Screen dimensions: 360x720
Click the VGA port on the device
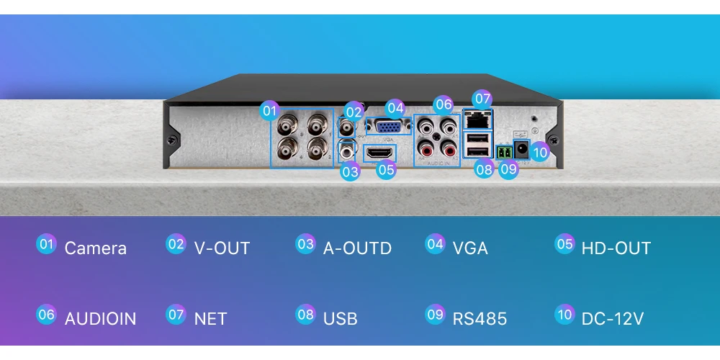point(390,128)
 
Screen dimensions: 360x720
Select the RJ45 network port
point(477,117)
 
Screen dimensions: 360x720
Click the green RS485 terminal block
point(504,152)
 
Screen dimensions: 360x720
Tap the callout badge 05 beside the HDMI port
point(386,170)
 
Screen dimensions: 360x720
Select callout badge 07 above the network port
point(482,98)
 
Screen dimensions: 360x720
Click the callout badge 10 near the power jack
point(540,152)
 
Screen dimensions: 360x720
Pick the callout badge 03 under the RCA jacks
point(350,171)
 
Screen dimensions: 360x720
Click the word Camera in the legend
point(95,248)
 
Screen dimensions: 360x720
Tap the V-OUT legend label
point(222,248)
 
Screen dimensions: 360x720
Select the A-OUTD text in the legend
point(357,248)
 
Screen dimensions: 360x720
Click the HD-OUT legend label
point(616,248)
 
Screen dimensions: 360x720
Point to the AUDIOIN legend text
point(100,318)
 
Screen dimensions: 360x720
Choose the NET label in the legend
point(210,318)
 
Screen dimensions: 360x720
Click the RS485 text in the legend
point(480,318)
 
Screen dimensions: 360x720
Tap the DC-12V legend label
point(612,318)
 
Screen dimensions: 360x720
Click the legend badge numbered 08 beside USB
point(305,315)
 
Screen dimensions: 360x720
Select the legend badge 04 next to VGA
point(435,244)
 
